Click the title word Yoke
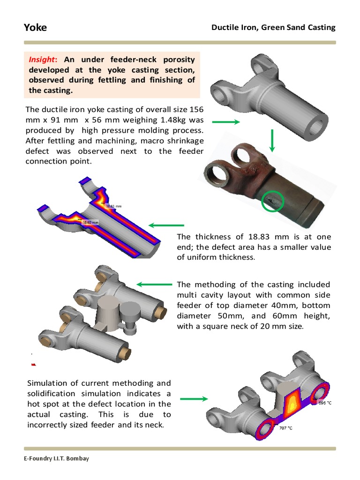(x=35, y=28)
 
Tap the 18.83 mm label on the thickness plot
(x=113, y=206)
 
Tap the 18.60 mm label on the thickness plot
(x=90, y=223)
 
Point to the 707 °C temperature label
(x=285, y=428)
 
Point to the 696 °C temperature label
(x=325, y=403)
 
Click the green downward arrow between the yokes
(x=272, y=141)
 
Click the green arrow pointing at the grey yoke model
(x=226, y=122)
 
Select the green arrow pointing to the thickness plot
(x=166, y=225)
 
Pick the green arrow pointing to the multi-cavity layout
(x=154, y=285)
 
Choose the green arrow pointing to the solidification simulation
(x=194, y=399)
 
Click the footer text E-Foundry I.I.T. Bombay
(x=57, y=458)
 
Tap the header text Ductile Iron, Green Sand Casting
(x=273, y=28)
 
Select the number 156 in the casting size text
(x=196, y=109)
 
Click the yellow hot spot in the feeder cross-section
(x=292, y=405)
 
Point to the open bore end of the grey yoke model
(x=316, y=127)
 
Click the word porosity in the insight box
(x=179, y=60)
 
